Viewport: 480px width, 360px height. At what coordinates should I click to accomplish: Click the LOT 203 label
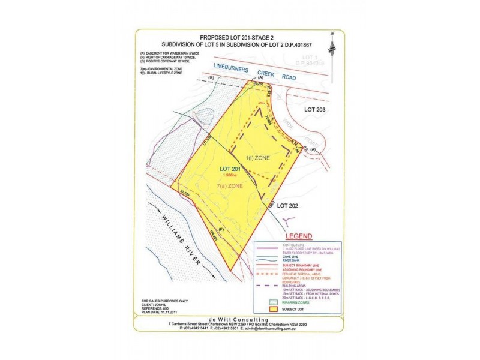319,110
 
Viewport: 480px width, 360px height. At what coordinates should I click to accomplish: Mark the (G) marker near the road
210,79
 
